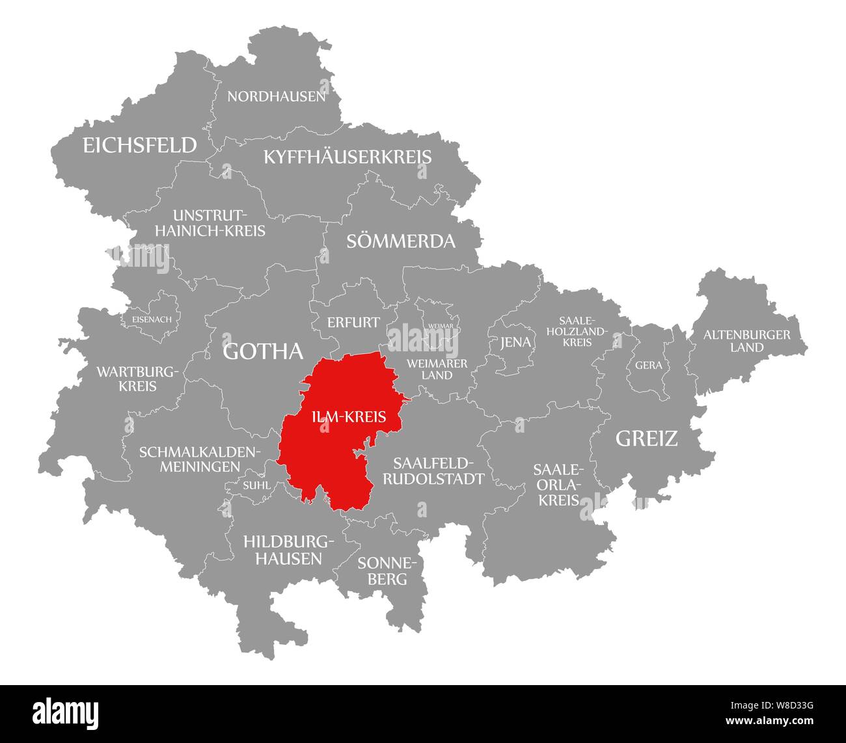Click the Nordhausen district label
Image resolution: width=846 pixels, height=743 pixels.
[x=276, y=97]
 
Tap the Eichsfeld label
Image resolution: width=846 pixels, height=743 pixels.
[x=139, y=145]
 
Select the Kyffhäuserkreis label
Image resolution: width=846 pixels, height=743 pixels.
[x=347, y=157]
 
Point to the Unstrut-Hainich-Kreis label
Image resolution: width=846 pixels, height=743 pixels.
[x=219, y=223]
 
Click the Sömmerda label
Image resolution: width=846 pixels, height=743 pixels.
[x=400, y=241]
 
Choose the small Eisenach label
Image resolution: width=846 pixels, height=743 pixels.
[x=152, y=319]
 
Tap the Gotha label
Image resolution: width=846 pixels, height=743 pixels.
[x=263, y=351]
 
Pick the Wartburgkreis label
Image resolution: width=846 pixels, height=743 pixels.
[x=137, y=379]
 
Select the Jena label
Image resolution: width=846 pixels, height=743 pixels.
[x=515, y=342]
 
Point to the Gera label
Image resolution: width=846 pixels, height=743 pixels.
[x=648, y=366]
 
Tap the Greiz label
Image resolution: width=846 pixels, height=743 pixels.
[x=646, y=439]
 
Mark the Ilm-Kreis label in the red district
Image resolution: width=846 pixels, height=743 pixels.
[x=349, y=418]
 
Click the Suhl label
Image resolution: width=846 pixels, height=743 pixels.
[x=256, y=485]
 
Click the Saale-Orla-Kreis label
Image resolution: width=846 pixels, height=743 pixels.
[x=559, y=485]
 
